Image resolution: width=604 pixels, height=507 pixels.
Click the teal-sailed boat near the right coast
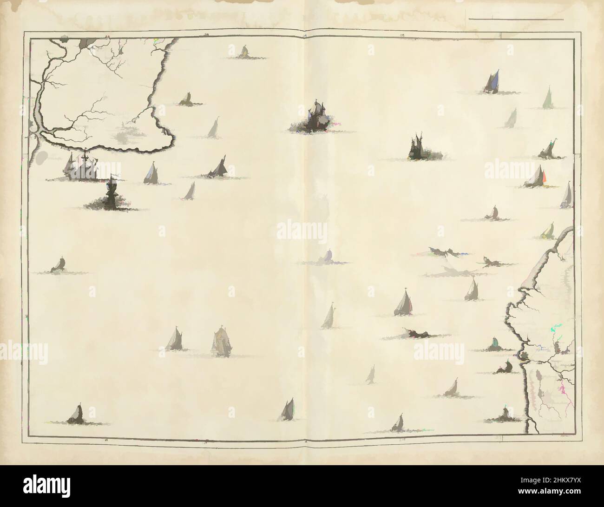495,344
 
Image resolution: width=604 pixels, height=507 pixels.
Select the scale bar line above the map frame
516,20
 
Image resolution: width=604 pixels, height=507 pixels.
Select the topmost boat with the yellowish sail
243,52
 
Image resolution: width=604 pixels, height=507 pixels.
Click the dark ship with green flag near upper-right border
548,149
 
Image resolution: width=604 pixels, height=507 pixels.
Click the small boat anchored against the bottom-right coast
505,414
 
